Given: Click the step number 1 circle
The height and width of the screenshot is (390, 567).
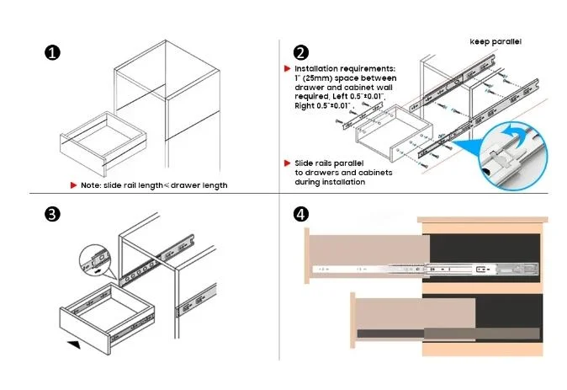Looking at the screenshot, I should point(52,52).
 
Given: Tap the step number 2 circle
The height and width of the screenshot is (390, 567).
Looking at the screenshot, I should point(301,52).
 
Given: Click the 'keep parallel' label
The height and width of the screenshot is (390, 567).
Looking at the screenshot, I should point(495,40).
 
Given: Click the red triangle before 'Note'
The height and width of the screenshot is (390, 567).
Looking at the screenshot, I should point(74,184).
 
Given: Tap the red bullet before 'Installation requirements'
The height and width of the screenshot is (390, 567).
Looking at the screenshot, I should point(288,67).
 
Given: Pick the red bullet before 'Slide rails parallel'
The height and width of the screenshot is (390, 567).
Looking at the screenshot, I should point(288,163).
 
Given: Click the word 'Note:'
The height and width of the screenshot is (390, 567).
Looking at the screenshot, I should point(91,184).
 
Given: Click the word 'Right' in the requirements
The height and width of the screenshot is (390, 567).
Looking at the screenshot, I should point(305,106).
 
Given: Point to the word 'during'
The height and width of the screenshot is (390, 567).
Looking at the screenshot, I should point(306,181).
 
